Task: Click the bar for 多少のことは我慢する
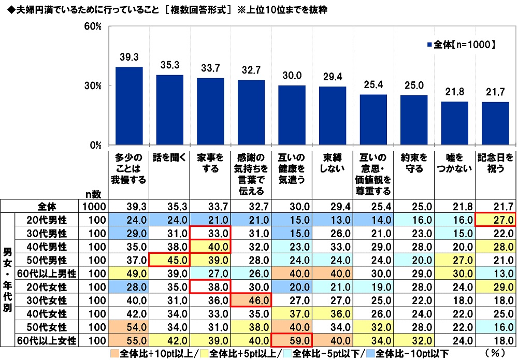[x=129, y=106]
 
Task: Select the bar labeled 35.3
[x=169, y=110]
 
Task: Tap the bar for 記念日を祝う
[x=495, y=123]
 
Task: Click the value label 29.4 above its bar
[x=332, y=77]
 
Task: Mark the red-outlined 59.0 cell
[x=292, y=340]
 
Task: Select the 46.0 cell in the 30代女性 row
[x=251, y=300]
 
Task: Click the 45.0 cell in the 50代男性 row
[x=169, y=260]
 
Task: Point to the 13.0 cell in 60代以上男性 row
[x=495, y=273]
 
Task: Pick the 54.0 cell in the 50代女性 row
[x=129, y=327]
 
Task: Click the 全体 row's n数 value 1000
[x=94, y=206]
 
